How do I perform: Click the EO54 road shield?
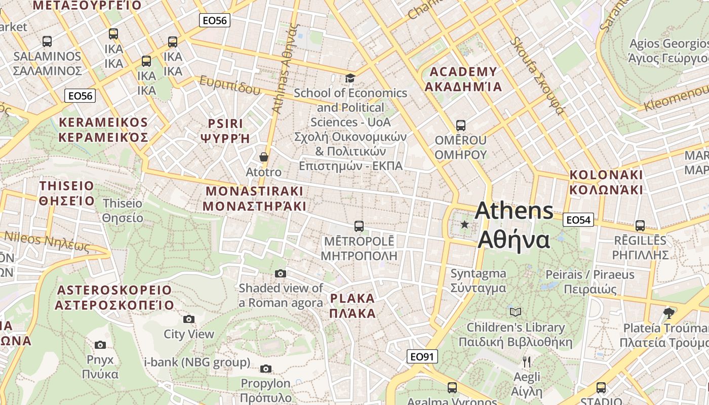coord(578,220)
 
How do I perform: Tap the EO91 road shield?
coord(422,357)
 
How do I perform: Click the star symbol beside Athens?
coord(464,224)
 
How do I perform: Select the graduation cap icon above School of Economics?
coord(350,78)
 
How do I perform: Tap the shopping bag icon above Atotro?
coord(263,157)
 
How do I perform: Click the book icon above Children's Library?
coord(516,312)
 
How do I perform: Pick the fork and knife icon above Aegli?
coord(527,361)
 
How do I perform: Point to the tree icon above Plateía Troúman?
coord(668,312)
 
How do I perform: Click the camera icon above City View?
coord(189,319)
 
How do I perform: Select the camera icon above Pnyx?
coord(100,345)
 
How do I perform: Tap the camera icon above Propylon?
coord(266,369)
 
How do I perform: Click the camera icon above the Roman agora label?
coord(281,273)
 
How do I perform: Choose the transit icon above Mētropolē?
coord(359,226)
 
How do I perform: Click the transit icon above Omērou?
coord(460,125)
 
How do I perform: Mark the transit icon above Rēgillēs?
coord(640,225)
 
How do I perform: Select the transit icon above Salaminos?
coord(47,41)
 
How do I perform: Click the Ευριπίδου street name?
coord(230,85)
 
